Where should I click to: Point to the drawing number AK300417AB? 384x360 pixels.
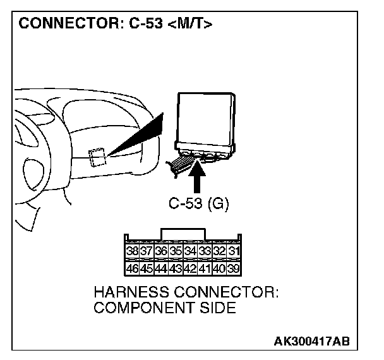(x=311, y=342)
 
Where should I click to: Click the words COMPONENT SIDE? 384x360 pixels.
(x=164, y=308)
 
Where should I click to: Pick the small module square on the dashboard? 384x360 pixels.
(x=97, y=156)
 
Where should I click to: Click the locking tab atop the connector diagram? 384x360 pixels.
(x=183, y=234)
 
